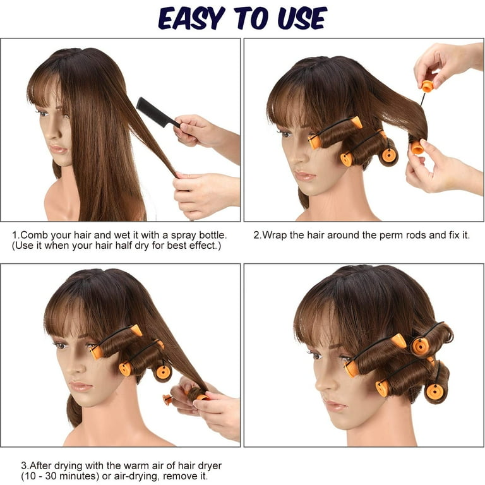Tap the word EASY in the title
[191, 18]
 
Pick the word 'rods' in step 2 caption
[417, 235]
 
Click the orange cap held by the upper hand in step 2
[427, 87]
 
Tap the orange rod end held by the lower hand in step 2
[417, 147]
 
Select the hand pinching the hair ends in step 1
[206, 193]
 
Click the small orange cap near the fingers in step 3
[167, 399]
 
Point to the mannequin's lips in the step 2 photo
[304, 176]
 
